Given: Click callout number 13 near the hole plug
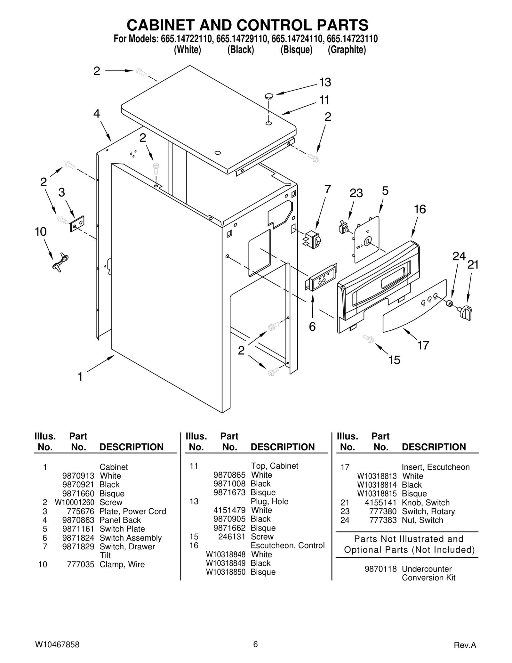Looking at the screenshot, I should (325, 83).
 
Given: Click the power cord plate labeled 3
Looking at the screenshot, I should (77, 223).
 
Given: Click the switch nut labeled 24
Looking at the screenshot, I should (449, 303).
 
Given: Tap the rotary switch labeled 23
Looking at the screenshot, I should (344, 228).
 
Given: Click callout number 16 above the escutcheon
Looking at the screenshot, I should (420, 209).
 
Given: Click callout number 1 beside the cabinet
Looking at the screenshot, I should (80, 377).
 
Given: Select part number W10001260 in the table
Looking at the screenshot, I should (75, 502).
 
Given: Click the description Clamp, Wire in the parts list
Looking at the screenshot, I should (122, 564).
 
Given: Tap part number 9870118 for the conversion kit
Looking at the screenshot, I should (380, 569).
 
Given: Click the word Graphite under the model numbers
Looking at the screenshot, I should (347, 50).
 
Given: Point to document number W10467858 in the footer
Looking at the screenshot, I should (57, 644).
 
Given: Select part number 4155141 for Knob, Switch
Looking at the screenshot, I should (380, 503).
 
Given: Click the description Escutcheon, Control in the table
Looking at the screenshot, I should (287, 545).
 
